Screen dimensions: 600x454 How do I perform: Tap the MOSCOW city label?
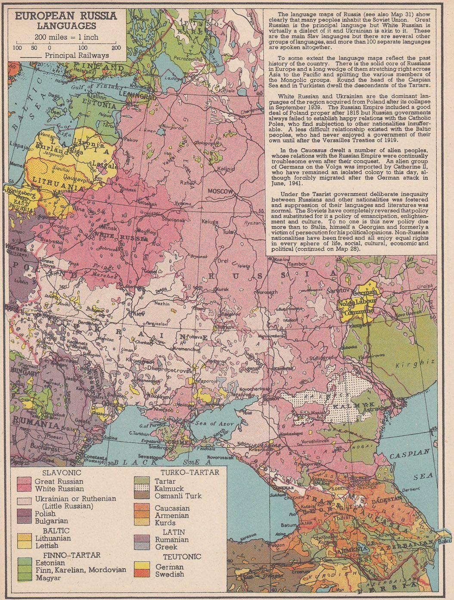(x=220, y=191)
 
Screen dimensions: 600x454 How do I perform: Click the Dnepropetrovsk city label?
(x=152, y=369)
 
